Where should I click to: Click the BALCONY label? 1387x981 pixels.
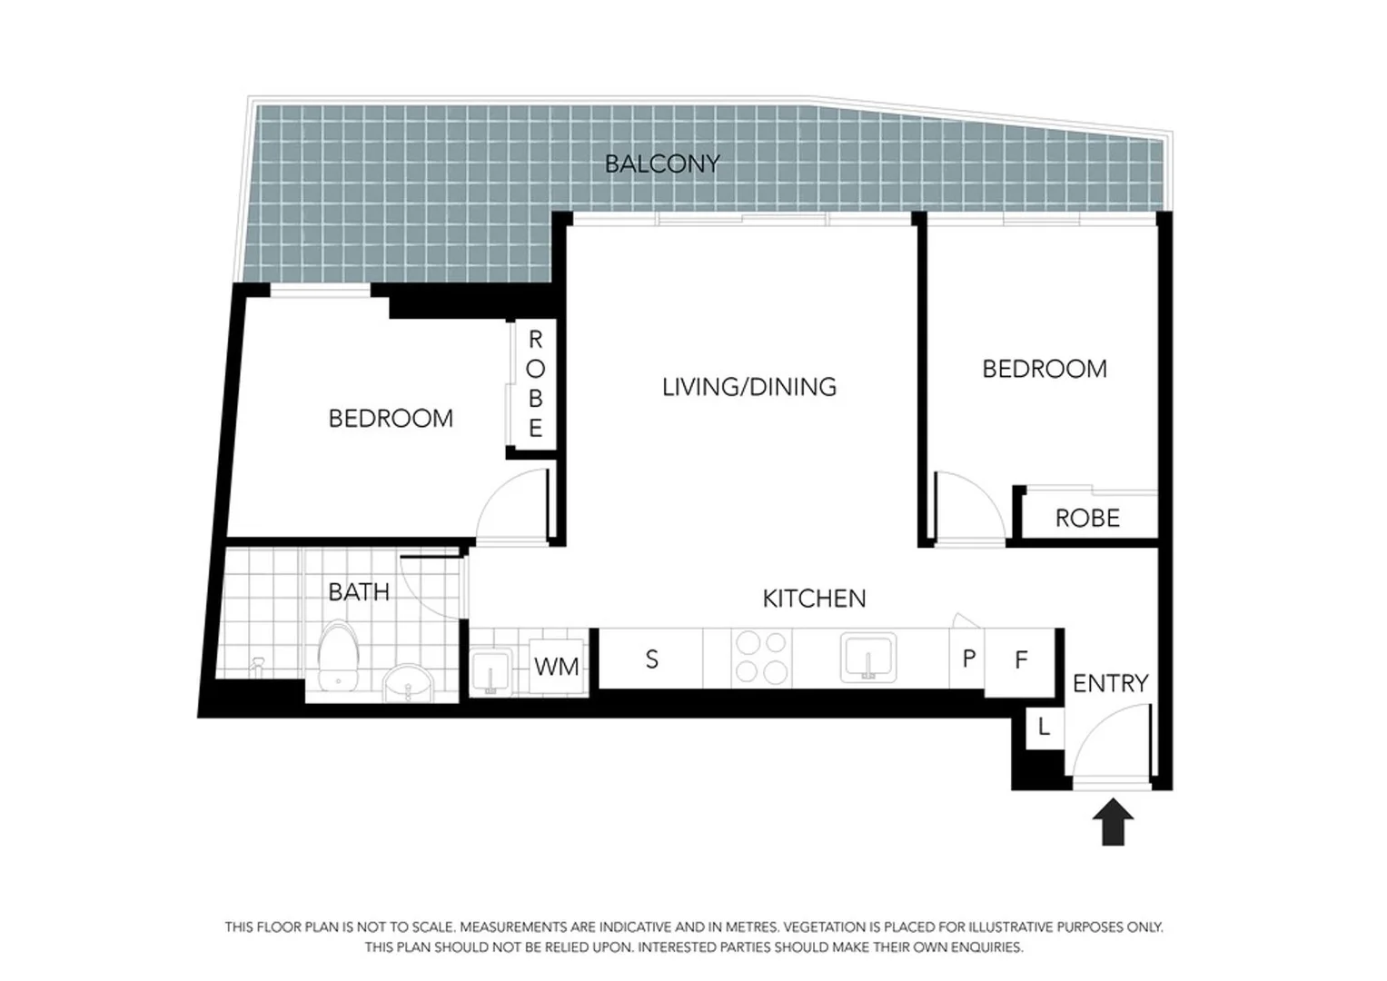coord(662,163)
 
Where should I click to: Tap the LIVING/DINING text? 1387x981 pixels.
coord(749,387)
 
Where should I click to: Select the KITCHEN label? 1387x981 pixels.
coord(814,599)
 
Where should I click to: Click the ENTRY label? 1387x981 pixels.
coord(1110,683)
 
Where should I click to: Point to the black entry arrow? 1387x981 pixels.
coord(1113,821)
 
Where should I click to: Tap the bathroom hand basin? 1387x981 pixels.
coord(409,683)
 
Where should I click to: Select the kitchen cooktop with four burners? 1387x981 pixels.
coord(761,658)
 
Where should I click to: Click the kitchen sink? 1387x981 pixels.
coord(869,658)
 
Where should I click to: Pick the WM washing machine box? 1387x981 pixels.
coord(557,667)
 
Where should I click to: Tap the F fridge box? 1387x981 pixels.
coord(1021,660)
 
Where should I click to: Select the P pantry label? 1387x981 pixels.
coord(968,659)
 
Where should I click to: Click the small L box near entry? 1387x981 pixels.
coord(1044,728)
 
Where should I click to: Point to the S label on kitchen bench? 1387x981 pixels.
coord(651,659)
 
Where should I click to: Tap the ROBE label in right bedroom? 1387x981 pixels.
coord(1087,519)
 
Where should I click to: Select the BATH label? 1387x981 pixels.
coord(359,592)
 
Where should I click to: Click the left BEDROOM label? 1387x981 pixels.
coord(391,419)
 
